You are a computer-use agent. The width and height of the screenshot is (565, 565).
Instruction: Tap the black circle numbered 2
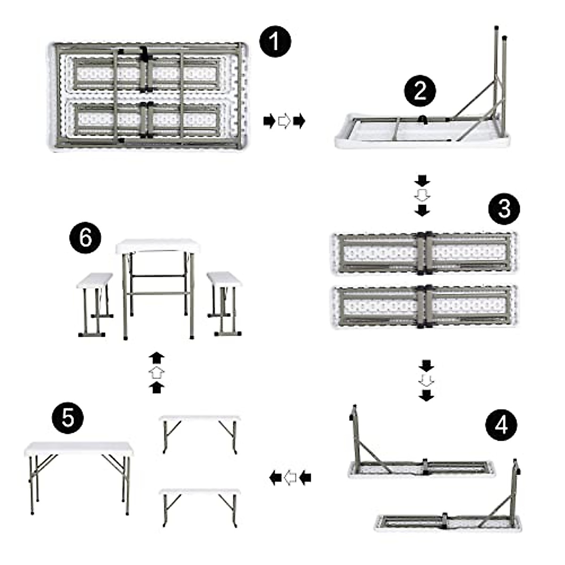pyautogui.click(x=420, y=90)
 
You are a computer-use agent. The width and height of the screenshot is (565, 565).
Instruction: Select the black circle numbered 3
pyautogui.click(x=504, y=209)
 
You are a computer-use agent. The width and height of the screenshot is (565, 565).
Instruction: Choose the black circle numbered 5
pyautogui.click(x=68, y=417)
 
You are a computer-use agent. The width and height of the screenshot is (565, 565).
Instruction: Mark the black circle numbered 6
pyautogui.click(x=85, y=238)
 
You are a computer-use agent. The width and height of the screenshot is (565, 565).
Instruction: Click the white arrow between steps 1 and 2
pyautogui.click(x=284, y=121)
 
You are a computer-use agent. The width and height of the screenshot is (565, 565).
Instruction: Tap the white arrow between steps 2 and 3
pyautogui.click(x=422, y=195)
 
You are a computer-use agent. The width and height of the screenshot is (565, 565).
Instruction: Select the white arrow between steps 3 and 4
pyautogui.click(x=426, y=380)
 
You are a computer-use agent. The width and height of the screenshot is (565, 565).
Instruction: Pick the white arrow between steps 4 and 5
pyautogui.click(x=291, y=478)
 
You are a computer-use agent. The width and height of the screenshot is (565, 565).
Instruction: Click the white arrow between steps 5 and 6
pyautogui.click(x=156, y=373)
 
